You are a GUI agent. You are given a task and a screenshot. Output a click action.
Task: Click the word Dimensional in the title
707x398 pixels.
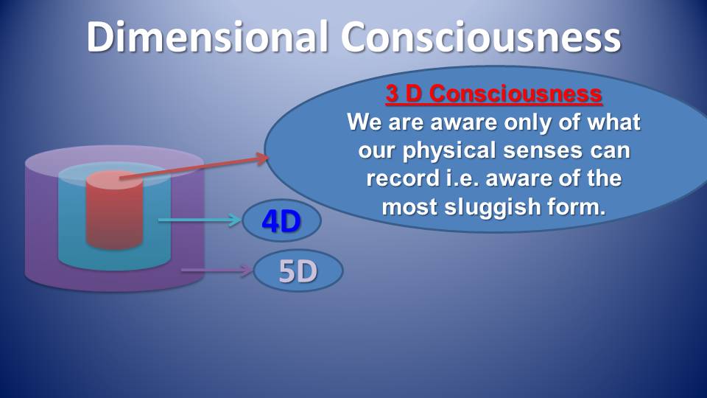point(207,37)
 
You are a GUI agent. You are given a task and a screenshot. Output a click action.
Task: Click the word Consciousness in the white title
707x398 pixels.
point(481,37)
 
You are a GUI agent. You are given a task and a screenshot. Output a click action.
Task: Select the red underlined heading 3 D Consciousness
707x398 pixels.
point(493,94)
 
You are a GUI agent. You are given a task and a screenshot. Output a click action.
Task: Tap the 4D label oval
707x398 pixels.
point(282,220)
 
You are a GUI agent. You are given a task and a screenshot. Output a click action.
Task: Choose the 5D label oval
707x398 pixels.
point(298,270)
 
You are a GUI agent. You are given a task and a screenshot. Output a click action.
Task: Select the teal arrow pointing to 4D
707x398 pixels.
point(200,220)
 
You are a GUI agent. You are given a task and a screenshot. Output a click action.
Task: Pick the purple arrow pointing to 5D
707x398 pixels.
point(217,270)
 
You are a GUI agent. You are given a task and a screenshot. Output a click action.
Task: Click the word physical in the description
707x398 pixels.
point(449,150)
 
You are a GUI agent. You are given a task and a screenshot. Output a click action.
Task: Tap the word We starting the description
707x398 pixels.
point(364,122)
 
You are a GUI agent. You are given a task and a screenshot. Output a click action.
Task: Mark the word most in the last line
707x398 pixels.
point(409,207)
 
